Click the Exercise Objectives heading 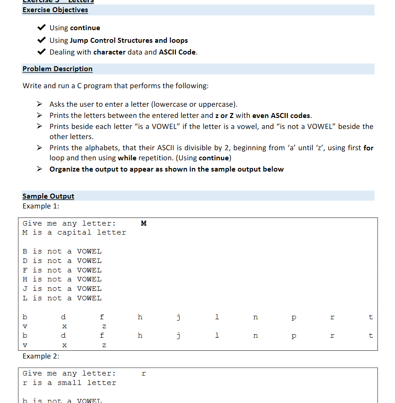pos(55,10)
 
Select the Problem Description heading pos(58,69)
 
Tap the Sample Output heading pos(48,196)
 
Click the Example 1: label pos(41,206)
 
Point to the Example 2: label pos(41,356)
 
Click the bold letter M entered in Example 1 pos(144,223)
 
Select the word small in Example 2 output pos(70,383)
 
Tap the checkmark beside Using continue pos(41,28)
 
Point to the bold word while pos(127,158)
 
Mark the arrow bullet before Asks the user pos(40,104)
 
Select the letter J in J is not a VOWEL pos(25,289)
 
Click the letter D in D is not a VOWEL pos(25,261)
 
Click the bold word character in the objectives pos(109,52)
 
